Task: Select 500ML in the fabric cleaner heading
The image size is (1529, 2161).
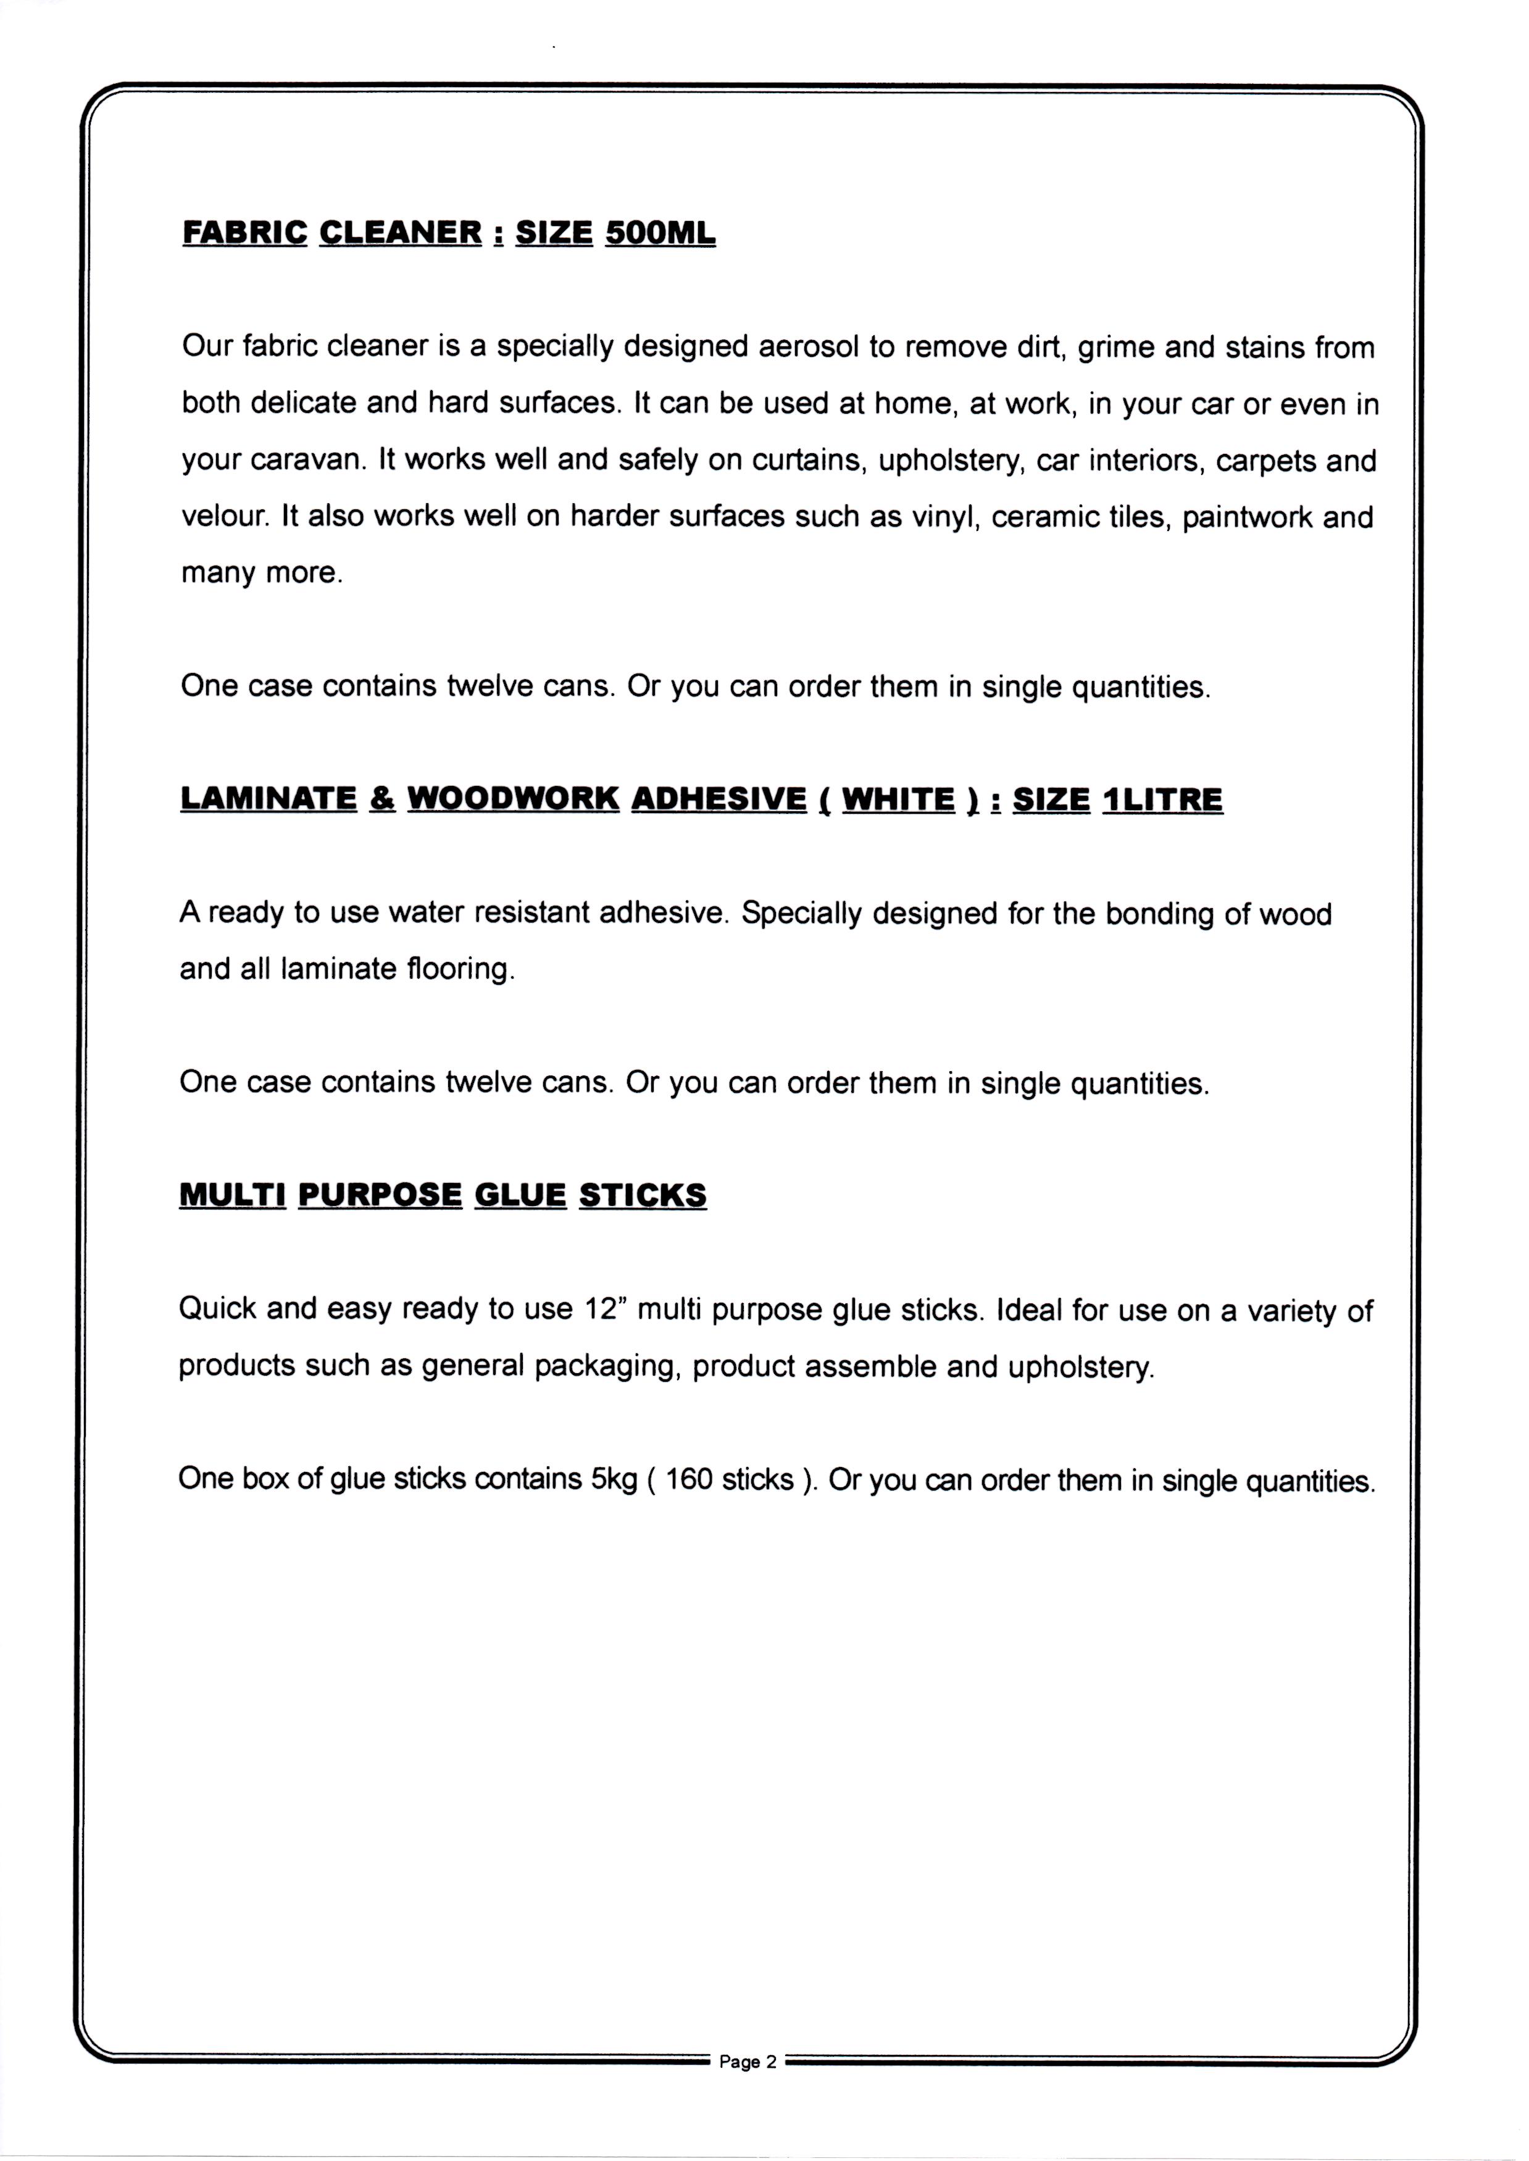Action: click(x=660, y=233)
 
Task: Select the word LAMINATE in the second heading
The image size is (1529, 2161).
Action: click(x=269, y=798)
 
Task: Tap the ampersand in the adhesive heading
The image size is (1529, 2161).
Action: click(x=382, y=798)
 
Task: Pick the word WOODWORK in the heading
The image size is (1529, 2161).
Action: click(x=513, y=798)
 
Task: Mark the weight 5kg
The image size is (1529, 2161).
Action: click(x=614, y=1479)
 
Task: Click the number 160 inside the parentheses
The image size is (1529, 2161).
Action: click(x=689, y=1479)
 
